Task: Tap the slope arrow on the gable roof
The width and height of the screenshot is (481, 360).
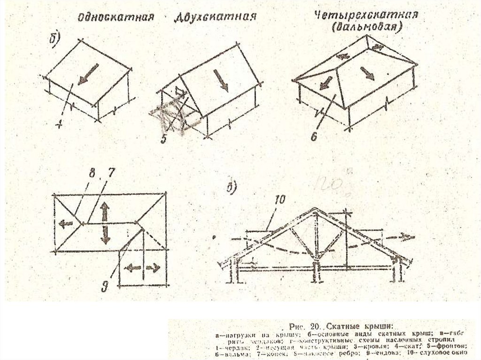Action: (220, 80)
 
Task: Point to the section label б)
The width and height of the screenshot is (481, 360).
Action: (54, 39)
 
